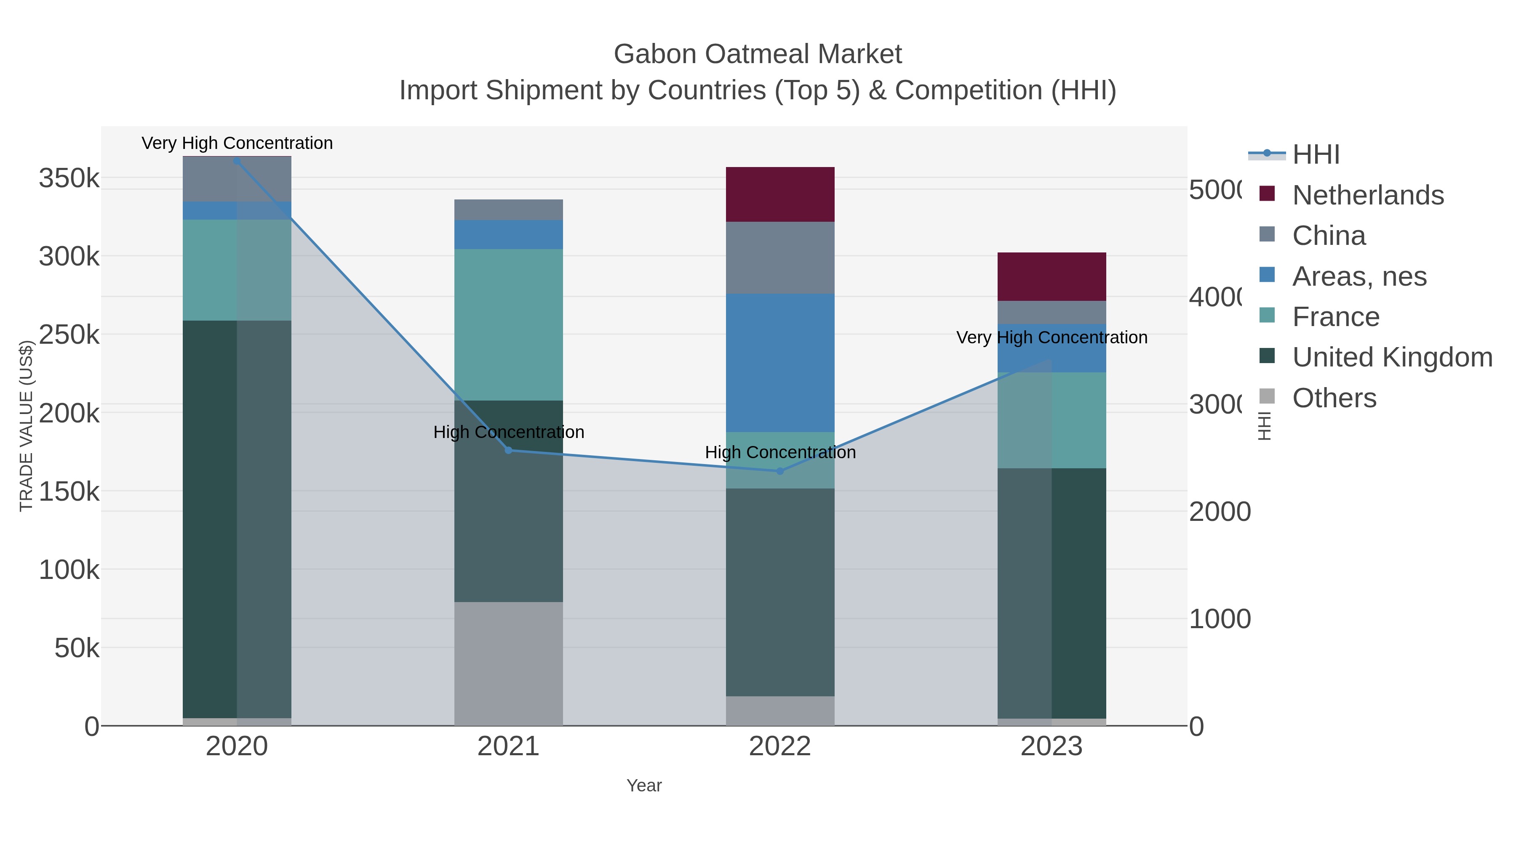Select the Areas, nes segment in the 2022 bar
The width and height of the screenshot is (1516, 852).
(x=780, y=363)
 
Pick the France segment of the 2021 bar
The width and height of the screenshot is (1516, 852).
(x=508, y=324)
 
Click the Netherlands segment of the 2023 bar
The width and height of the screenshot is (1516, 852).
(x=1051, y=276)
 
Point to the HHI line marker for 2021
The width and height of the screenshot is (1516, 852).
(x=508, y=450)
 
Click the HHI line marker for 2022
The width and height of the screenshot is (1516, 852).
(x=780, y=471)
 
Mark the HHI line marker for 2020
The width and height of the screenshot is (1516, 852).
(x=237, y=161)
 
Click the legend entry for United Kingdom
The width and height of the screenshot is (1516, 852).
(x=1392, y=358)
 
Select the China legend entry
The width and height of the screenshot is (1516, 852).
(x=1328, y=236)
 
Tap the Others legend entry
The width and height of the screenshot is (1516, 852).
(x=1334, y=398)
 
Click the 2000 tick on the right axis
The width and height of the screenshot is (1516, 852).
(x=1220, y=512)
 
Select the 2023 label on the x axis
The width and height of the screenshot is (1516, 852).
(x=1051, y=747)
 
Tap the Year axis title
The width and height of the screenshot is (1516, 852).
(x=644, y=786)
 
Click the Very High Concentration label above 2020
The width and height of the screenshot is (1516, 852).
(x=237, y=143)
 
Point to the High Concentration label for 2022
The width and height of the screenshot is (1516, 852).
(x=780, y=452)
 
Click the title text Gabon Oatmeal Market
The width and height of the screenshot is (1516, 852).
(x=758, y=54)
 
